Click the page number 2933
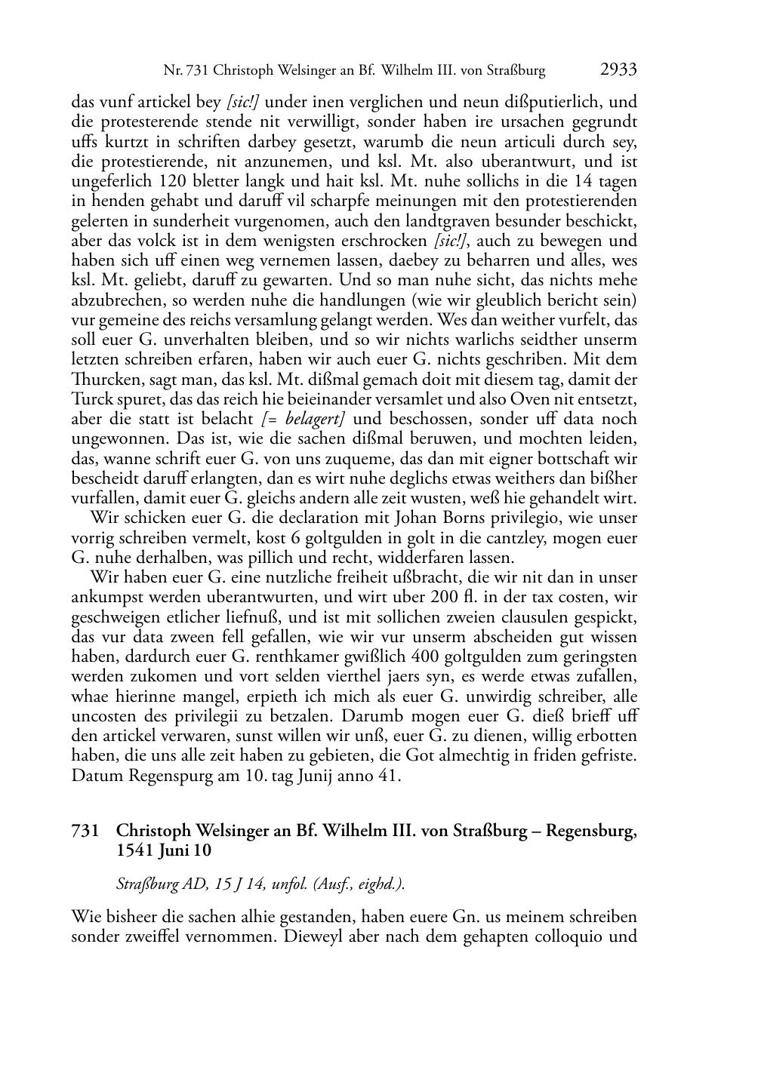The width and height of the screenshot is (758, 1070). pos(618,70)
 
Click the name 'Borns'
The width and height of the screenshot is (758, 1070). pos(418,518)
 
